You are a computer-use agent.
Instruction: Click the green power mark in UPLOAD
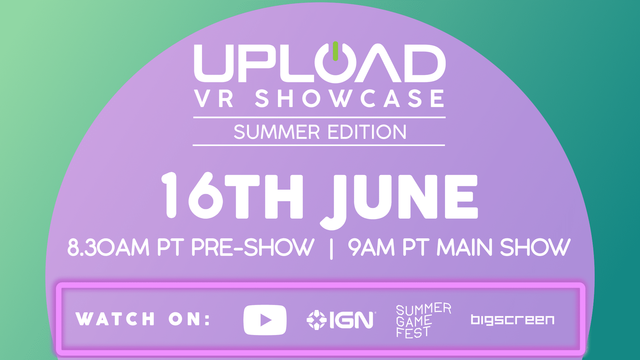pos(335,51)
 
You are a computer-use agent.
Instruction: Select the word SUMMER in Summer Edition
pos(277,132)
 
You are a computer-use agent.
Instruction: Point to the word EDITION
pos(367,132)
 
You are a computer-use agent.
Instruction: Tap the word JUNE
pos(399,200)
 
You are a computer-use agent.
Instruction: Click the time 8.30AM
pos(108,247)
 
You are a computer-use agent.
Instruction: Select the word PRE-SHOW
pos(253,247)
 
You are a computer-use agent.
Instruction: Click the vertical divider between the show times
pos(331,248)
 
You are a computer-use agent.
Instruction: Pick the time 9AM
pos(371,247)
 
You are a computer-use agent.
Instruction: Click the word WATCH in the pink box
pos(115,319)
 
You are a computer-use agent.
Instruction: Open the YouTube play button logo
pos(265,320)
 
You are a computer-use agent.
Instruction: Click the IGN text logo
pos(352,320)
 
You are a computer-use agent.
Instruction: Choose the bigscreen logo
pos(513,320)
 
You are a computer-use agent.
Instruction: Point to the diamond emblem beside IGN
pos(316,320)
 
